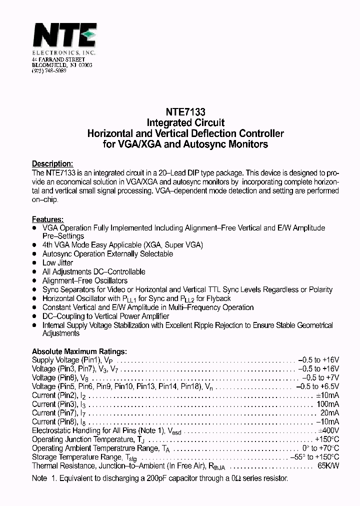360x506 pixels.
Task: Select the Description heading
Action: coord(52,163)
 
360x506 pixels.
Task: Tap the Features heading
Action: coord(47,219)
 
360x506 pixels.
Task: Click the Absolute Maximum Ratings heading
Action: coord(79,351)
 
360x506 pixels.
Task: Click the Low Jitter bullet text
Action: coord(57,262)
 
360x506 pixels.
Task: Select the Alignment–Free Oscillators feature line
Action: coord(85,280)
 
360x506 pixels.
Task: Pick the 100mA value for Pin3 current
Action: coord(327,404)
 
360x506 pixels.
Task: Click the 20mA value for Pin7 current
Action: coord(329,413)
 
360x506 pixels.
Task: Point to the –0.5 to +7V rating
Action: coord(320,377)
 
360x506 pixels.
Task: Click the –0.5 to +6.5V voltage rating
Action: coord(317,386)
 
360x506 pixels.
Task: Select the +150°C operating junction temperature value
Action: coord(327,439)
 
